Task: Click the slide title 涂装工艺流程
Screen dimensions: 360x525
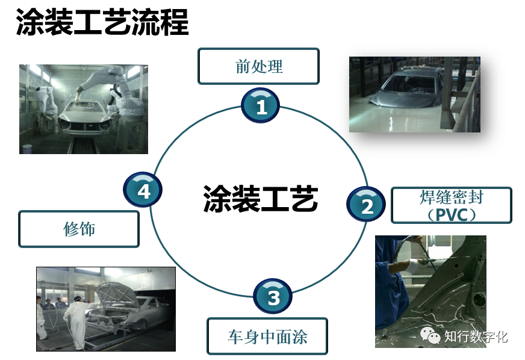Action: tap(102, 22)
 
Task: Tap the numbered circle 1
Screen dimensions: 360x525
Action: tap(261, 107)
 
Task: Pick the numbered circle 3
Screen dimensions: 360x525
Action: tap(273, 297)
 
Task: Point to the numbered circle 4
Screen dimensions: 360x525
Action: tap(143, 191)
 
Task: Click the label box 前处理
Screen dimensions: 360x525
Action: tap(258, 66)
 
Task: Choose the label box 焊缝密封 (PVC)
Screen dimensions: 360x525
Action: tap(451, 205)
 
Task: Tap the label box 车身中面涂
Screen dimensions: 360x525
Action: tap(267, 336)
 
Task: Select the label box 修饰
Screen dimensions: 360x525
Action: tap(79, 229)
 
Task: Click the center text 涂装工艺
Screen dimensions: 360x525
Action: tap(260, 198)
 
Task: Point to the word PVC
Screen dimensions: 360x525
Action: tap(452, 214)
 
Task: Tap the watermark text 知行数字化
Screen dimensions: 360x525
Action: tap(476, 336)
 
